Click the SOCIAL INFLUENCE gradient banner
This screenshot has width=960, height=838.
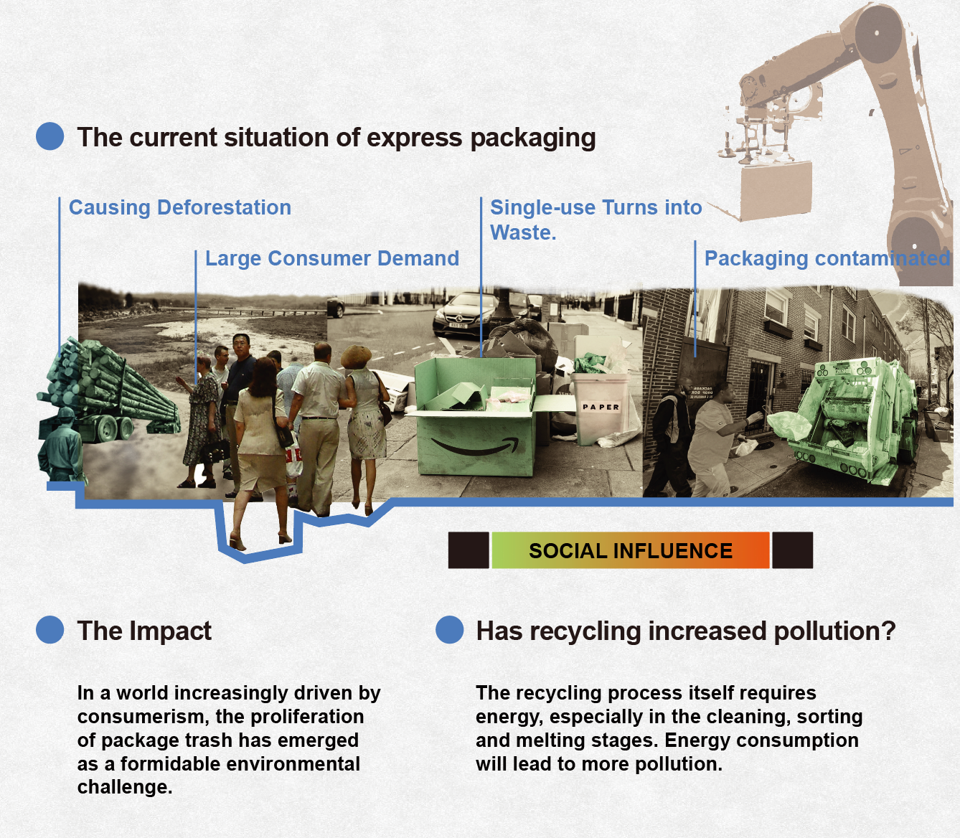pyautogui.click(x=630, y=550)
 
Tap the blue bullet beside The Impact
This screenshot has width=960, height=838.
pyautogui.click(x=50, y=630)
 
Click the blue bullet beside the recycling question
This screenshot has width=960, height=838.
pyautogui.click(x=450, y=630)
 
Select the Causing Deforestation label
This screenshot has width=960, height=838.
pyautogui.click(x=180, y=207)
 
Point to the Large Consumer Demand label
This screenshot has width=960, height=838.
pyautogui.click(x=331, y=258)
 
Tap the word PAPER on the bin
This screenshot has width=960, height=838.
pyautogui.click(x=601, y=407)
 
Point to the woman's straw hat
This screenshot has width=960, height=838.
pyautogui.click(x=356, y=356)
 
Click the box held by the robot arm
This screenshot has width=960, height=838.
pyautogui.click(x=776, y=190)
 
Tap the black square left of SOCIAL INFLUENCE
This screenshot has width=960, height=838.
pyautogui.click(x=469, y=550)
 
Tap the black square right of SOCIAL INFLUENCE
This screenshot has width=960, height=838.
pyautogui.click(x=792, y=550)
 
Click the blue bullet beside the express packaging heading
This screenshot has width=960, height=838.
pyautogui.click(x=50, y=136)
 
